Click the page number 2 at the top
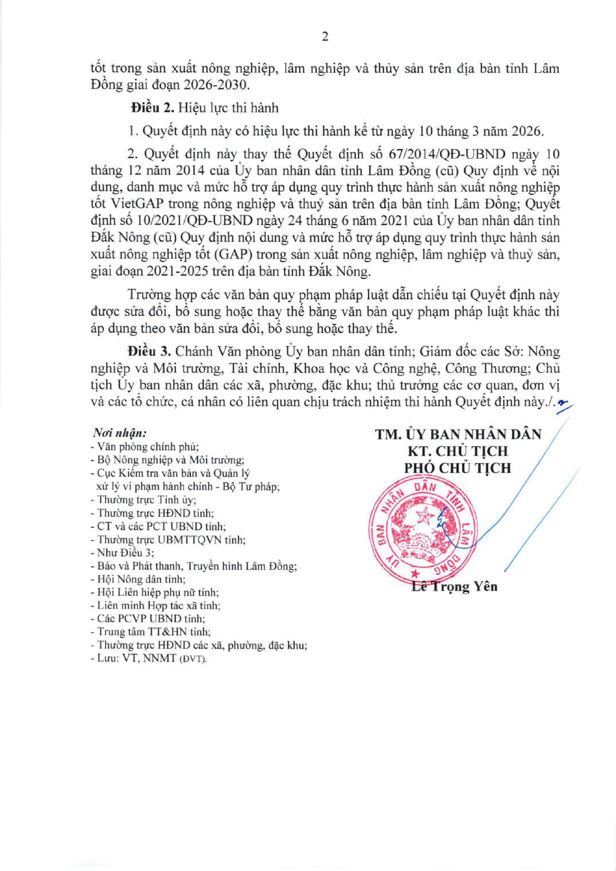click(x=324, y=37)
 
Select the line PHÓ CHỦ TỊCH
click(x=457, y=468)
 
